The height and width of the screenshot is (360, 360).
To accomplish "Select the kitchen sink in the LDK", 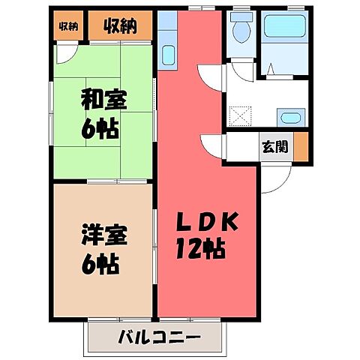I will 168,54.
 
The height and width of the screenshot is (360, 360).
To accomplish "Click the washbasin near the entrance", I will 289,118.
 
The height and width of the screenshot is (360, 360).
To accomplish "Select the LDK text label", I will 209,222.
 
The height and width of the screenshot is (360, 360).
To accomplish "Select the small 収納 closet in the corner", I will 68,27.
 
